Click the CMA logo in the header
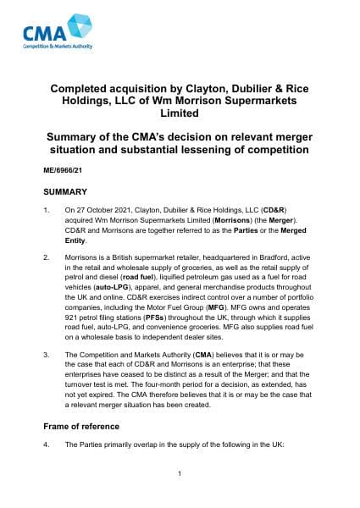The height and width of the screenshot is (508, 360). point(58,34)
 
